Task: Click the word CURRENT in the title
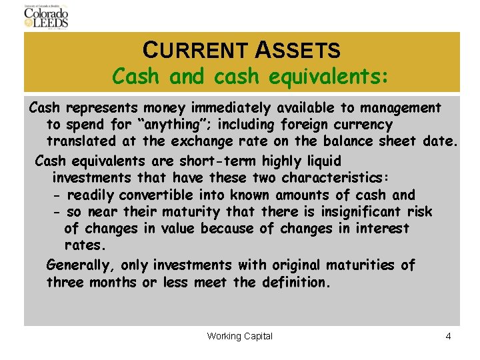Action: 197,50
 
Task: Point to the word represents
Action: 103,107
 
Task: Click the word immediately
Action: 233,107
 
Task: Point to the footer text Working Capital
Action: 240,336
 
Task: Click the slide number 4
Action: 449,336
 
